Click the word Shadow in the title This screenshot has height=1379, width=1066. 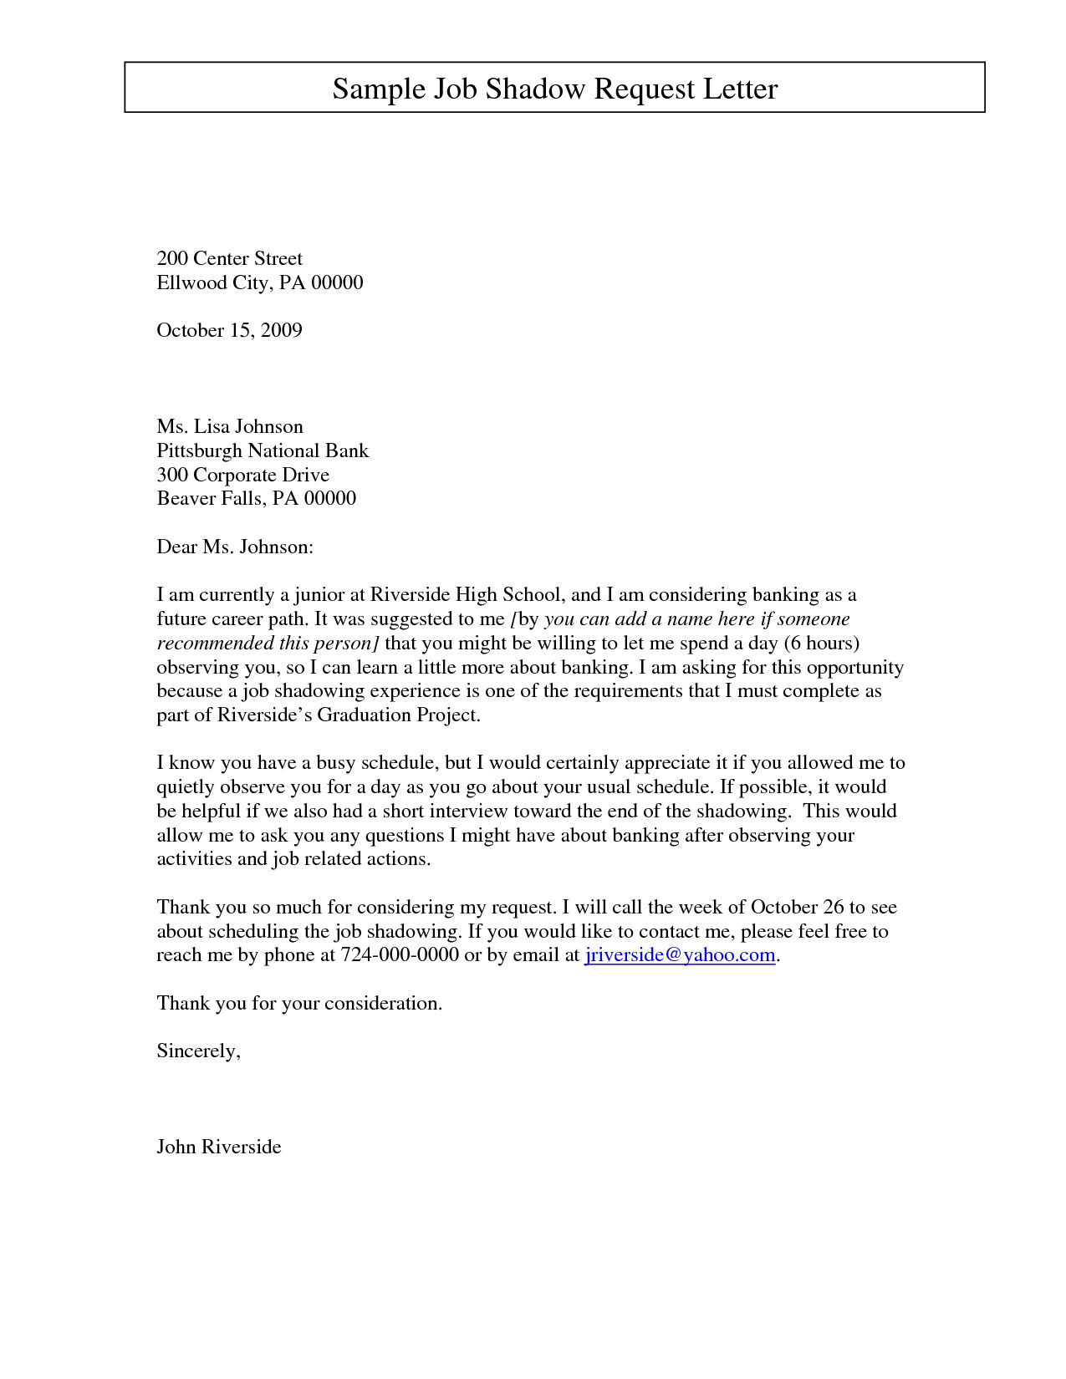coord(535,89)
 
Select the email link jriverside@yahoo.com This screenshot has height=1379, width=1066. coord(680,955)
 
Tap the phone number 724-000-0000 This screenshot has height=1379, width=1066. coord(400,955)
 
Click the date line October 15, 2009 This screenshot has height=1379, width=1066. coord(229,330)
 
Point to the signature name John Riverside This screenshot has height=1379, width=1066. coord(219,1147)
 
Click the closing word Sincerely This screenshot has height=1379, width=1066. coord(197,1051)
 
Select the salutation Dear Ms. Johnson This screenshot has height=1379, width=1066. coord(235,547)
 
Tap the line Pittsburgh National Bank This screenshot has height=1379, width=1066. coord(263,451)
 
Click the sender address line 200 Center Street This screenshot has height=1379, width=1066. coord(229,258)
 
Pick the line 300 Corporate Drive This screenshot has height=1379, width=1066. coord(242,476)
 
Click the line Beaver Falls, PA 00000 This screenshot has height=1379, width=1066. coord(256,499)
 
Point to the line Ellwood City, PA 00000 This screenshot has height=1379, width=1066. coord(259,282)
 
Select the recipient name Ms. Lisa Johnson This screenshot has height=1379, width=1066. coord(230,427)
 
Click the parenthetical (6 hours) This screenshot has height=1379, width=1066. coord(822,644)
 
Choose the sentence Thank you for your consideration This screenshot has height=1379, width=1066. coord(299,1004)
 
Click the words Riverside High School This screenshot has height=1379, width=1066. coord(466,595)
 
